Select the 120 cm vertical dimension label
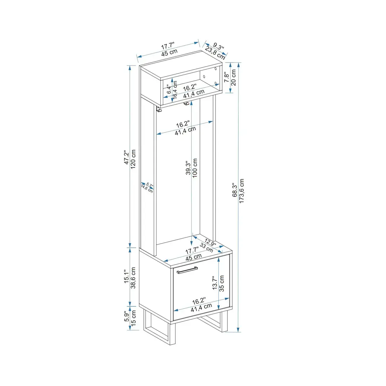[133, 159]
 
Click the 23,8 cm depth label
[215, 52]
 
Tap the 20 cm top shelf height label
[233, 77]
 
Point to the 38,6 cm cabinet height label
[133, 278]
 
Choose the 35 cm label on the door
[222, 283]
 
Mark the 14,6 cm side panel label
[147, 189]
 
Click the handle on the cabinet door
[187, 270]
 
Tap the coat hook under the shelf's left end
[159, 109]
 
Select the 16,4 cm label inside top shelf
[175, 89]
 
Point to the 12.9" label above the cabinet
[210, 242]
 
